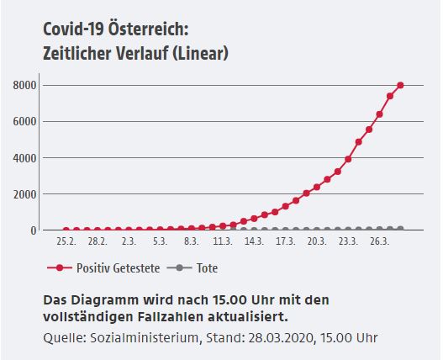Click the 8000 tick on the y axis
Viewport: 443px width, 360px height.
coord(25,86)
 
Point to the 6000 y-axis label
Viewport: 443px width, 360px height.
coord(25,122)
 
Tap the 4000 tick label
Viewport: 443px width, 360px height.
coord(25,158)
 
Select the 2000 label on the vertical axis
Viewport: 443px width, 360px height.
coord(25,194)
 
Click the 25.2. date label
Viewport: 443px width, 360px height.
coord(66,241)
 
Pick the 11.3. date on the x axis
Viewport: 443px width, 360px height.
coord(223,241)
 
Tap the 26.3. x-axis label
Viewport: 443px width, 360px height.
coord(380,241)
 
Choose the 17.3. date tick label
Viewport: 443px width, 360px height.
coord(286,241)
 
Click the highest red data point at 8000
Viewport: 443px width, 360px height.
coord(400,85)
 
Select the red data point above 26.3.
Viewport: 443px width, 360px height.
coord(379,114)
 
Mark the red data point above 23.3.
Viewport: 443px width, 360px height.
coord(348,159)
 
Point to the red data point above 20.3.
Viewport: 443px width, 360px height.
coord(317,187)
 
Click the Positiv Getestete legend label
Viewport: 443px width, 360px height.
coord(118,268)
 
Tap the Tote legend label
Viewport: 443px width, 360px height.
coord(207,268)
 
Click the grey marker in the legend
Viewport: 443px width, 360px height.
coord(179,267)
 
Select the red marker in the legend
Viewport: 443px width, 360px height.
coord(60,267)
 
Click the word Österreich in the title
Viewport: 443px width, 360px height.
coord(149,29)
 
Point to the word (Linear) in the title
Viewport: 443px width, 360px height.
coord(200,53)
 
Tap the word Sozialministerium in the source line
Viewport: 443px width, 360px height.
coord(145,338)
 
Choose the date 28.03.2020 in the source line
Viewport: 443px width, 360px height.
coord(282,338)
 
